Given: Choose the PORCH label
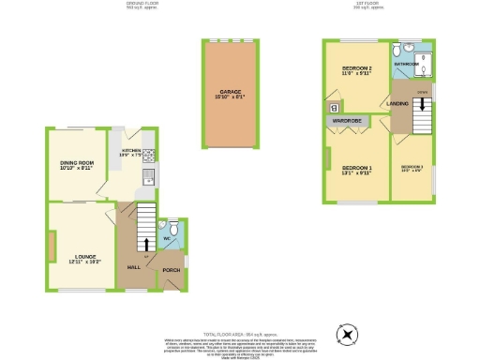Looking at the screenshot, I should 172,270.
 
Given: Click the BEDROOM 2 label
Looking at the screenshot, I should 357,68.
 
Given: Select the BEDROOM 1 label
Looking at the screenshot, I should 357,168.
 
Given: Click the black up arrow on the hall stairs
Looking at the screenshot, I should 145,247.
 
